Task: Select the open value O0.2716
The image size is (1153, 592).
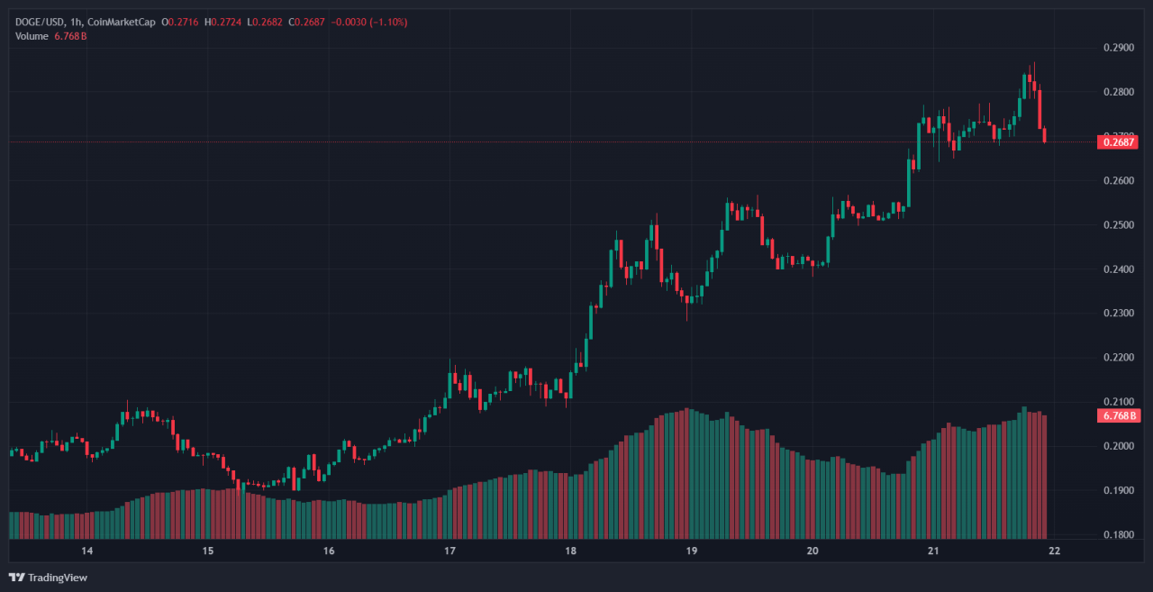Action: click(180, 22)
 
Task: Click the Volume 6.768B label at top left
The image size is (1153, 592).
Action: click(50, 36)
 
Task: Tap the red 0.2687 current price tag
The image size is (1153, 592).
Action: click(1117, 141)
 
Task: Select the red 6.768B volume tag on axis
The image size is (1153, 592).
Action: click(1117, 415)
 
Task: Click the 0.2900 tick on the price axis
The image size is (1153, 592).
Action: click(1117, 48)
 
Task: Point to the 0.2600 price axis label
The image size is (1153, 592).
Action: click(1117, 181)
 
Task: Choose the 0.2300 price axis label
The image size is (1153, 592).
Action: click(1117, 314)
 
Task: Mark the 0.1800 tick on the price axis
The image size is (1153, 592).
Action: click(1117, 535)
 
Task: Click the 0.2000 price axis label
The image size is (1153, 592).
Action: click(1117, 447)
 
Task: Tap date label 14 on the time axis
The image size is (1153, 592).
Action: click(87, 551)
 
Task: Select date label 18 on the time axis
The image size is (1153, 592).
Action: click(570, 551)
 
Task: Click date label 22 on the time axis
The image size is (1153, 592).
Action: click(1053, 551)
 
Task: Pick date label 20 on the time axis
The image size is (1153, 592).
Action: click(812, 551)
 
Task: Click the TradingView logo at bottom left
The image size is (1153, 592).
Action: click(49, 578)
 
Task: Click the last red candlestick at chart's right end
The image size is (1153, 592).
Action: click(1045, 136)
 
